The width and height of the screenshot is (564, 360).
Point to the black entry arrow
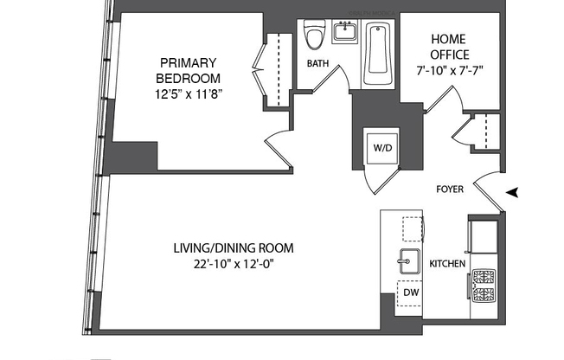point(513,192)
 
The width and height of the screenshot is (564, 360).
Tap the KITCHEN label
point(448,263)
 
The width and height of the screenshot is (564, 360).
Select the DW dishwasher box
point(410,293)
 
